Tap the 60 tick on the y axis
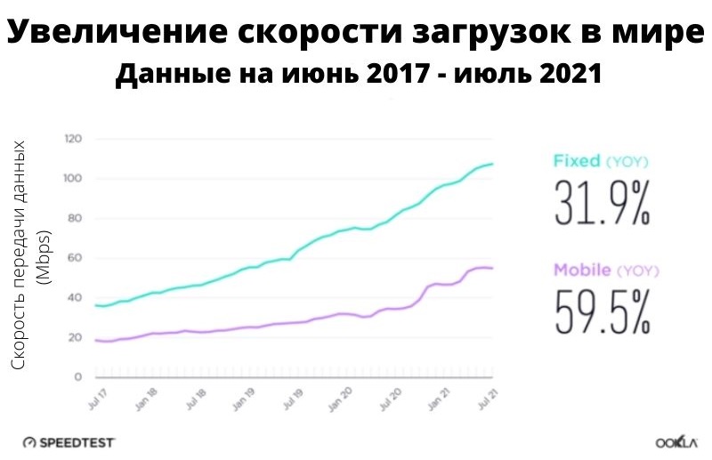pyautogui.click(x=76, y=258)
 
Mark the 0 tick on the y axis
pyautogui.click(x=78, y=377)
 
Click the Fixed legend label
pyautogui.click(x=577, y=162)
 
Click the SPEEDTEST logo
pyautogui.click(x=69, y=441)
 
